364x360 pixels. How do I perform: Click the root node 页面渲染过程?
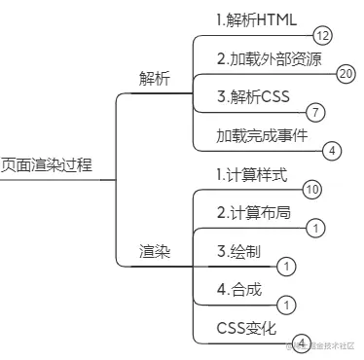47,164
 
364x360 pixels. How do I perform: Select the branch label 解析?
155,79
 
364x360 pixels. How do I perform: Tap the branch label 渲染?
155,251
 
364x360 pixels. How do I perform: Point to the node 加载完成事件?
262,134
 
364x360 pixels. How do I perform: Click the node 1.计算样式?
251,175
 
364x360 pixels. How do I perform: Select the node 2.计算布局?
252,212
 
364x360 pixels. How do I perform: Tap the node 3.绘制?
238,251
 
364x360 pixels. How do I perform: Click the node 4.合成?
238,289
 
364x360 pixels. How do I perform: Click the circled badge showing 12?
322,36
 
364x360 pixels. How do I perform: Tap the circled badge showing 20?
345,73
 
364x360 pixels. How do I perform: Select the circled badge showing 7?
314,112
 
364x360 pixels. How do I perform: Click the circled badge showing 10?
311,189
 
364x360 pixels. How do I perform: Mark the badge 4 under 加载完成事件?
331,150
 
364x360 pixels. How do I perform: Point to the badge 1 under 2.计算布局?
314,228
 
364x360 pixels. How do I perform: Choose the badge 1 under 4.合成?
285,305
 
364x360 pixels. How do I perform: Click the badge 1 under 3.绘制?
285,266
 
